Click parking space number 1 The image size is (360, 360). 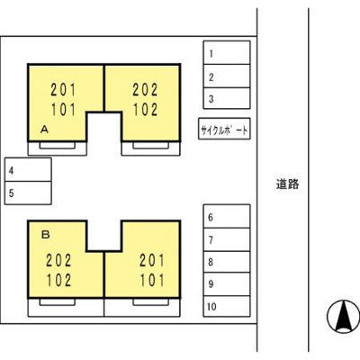tap(227, 52)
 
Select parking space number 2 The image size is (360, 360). tap(227, 76)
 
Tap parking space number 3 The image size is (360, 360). tap(227, 98)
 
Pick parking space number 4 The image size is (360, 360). tap(28, 169)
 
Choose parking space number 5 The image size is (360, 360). tap(28, 193)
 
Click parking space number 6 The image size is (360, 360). tap(227, 216)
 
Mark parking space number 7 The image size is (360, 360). tap(227, 239)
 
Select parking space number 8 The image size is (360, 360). tap(227, 262)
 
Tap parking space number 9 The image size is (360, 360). tap(227, 284)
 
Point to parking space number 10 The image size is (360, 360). tap(227, 306)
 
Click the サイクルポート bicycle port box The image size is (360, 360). tap(224, 129)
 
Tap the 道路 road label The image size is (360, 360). tap(287, 184)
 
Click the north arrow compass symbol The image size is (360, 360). tap(343, 317)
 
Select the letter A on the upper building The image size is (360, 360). tap(44, 130)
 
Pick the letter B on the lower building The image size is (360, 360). tap(45, 235)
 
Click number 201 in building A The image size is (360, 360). tap(63, 90)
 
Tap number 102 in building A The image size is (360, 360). tap(145, 110)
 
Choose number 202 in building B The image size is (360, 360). tap(58, 260)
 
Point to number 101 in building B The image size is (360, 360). tap(152, 280)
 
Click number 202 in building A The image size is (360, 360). tap(145, 90)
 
